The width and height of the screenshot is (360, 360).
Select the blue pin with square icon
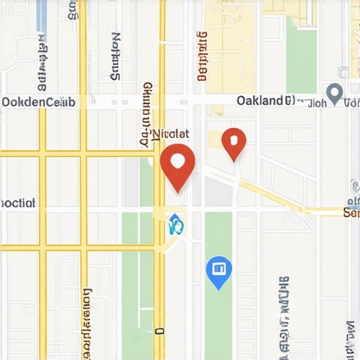[x=219, y=269]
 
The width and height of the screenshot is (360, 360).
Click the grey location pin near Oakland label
[x=335, y=92]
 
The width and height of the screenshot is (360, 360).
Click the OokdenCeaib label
[x=38, y=102]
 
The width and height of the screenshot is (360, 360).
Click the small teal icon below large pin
[x=176, y=225]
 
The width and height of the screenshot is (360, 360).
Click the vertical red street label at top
[x=203, y=56]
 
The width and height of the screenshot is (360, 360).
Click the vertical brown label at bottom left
[x=87, y=323]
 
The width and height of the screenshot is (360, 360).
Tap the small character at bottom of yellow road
[x=160, y=330]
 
